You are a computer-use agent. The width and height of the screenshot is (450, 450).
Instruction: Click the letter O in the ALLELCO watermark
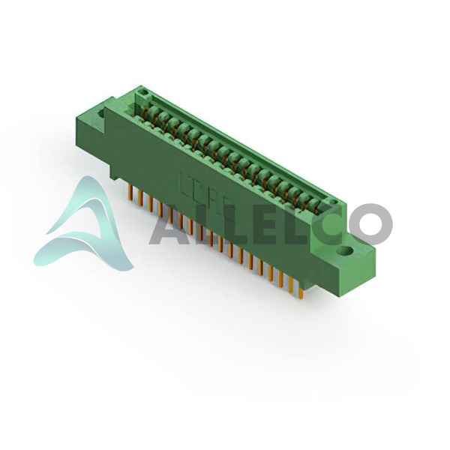pos(370,224)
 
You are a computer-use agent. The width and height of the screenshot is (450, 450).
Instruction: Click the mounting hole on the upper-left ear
pos(102,113)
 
